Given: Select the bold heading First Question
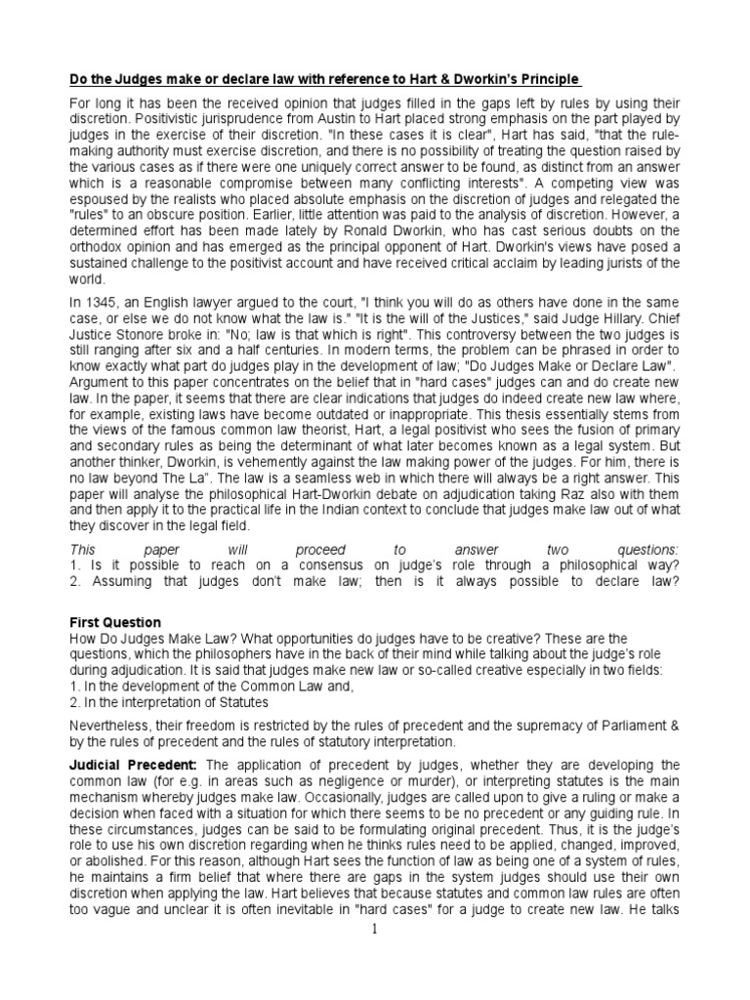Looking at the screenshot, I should (116, 622).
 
